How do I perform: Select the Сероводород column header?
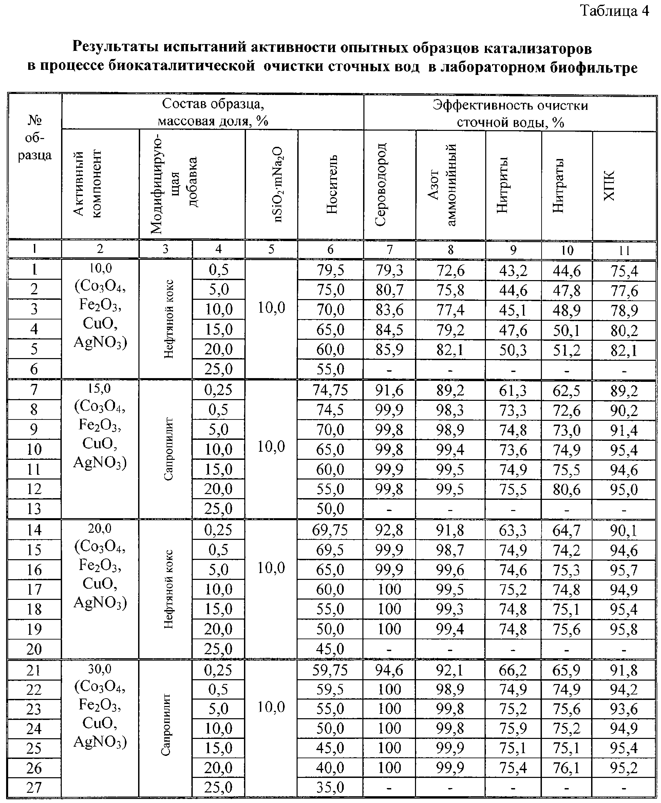click(381, 184)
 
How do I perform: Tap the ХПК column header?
click(609, 185)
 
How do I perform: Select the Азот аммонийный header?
click(442, 184)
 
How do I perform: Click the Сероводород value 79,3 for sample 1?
click(389, 270)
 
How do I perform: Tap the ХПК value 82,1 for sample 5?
click(624, 350)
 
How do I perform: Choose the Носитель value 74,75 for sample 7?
click(330, 390)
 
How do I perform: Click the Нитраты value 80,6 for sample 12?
click(567, 489)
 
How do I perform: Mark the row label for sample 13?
click(34, 509)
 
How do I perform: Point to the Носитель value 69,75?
click(330, 530)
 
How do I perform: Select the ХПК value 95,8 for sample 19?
click(624, 629)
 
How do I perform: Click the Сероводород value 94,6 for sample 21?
click(389, 670)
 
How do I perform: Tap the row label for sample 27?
click(34, 787)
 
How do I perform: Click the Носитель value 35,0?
click(330, 787)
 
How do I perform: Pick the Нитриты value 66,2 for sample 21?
click(512, 670)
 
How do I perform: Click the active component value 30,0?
click(100, 669)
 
